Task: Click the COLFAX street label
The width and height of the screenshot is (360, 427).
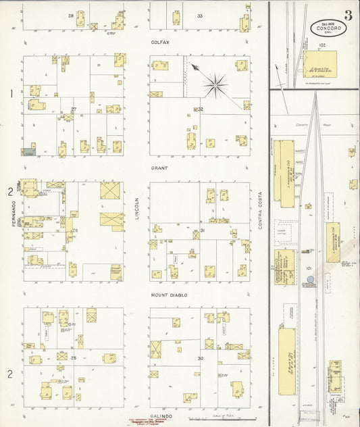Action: [159, 41]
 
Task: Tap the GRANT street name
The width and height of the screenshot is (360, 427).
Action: [159, 168]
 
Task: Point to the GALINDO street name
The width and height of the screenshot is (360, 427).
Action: [159, 417]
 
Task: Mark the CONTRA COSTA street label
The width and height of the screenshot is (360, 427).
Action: [259, 209]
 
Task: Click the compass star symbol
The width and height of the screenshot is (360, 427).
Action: [215, 84]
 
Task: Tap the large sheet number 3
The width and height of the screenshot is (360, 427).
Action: [347, 16]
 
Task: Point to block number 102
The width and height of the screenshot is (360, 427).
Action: [322, 45]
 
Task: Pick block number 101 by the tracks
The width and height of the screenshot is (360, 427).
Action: [308, 268]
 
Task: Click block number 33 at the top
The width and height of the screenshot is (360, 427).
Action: [199, 16]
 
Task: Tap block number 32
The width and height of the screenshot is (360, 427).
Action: [200, 109]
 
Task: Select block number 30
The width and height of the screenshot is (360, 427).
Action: [200, 358]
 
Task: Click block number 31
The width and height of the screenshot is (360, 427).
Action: [203, 231]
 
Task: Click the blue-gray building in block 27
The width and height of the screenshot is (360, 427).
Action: [28, 152]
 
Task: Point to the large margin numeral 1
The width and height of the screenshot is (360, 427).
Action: [11, 94]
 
